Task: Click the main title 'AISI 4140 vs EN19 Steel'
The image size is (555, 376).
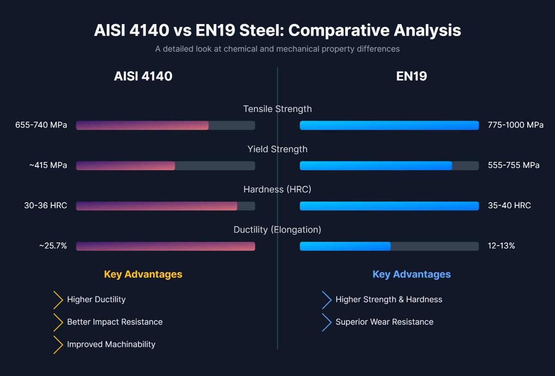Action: (277, 31)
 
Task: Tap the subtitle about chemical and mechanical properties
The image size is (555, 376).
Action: (277, 49)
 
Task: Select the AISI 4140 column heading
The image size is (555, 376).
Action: (143, 76)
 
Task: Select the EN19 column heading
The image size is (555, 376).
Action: (411, 76)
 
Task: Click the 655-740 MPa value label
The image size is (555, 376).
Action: (41, 125)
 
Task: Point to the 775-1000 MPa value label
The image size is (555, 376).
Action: (515, 125)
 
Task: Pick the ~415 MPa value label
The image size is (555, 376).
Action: (48, 166)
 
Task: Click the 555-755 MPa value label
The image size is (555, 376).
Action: (513, 166)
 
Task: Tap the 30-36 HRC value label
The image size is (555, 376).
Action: (45, 206)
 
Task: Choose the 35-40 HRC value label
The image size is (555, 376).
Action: (509, 206)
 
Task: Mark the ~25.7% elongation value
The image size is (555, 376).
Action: (53, 246)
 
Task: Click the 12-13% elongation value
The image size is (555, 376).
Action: (501, 246)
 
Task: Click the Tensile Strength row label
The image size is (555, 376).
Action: (277, 109)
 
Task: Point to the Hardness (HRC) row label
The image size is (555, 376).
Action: (277, 190)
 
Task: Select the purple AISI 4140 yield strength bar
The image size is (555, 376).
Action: (126, 166)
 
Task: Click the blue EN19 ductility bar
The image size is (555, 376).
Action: (345, 246)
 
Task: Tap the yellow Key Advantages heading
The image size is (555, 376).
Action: (143, 274)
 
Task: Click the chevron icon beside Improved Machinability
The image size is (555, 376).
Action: (58, 345)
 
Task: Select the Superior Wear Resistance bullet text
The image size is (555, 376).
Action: (384, 322)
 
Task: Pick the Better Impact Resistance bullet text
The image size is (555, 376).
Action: (115, 322)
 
